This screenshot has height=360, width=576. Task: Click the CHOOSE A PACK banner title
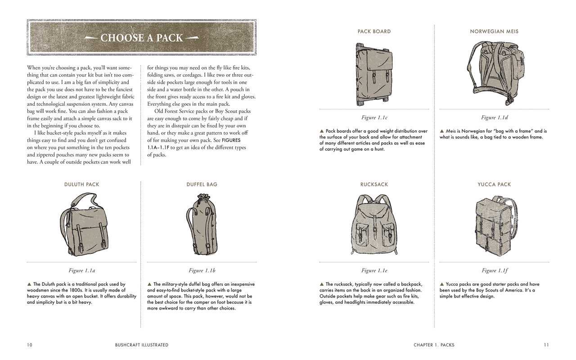[142, 38]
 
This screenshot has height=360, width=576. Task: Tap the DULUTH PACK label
[81, 184]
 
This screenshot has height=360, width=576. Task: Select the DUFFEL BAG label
[202, 184]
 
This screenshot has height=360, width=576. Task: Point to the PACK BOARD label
[374, 31]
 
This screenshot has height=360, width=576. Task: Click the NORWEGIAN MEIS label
[494, 31]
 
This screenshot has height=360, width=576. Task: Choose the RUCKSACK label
[374, 184]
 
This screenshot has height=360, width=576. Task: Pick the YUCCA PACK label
[494, 184]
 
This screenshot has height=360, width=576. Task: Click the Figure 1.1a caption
[81, 270]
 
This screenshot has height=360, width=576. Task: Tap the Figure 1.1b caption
[202, 270]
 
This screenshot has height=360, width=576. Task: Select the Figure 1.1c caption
[374, 117]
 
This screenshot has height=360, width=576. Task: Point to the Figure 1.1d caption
[494, 117]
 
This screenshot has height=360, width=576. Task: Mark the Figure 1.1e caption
[374, 270]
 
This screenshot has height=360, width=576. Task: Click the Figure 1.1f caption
[494, 270]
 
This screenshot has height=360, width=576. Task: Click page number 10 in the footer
[30, 345]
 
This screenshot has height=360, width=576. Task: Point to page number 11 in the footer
[546, 345]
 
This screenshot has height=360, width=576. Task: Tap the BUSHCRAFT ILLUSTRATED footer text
[141, 345]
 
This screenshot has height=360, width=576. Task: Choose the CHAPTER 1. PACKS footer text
[434, 345]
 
